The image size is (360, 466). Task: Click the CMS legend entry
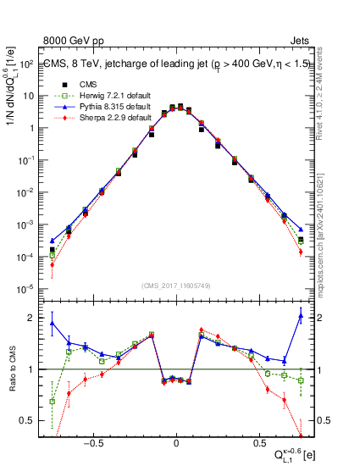(x=88, y=85)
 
